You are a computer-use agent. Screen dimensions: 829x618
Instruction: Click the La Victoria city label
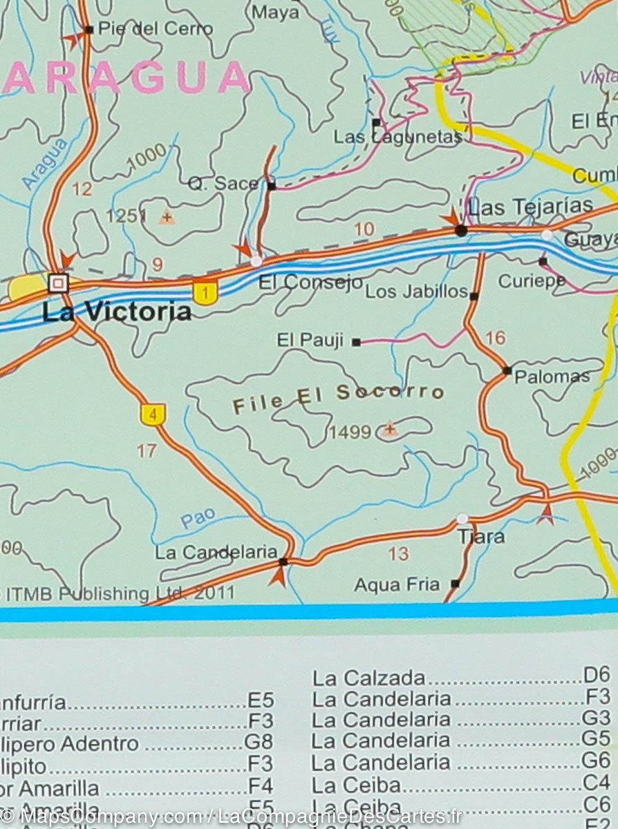coord(116,312)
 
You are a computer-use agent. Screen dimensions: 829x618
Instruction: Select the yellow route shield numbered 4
coord(153,414)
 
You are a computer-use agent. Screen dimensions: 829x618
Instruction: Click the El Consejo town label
coord(310,282)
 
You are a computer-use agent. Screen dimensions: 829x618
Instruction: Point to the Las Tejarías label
coord(530,206)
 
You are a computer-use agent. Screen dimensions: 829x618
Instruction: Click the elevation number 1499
coord(350,432)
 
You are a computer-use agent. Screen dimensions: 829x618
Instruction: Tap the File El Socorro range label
coord(338,399)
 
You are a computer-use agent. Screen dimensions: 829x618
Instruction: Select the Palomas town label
coord(552,377)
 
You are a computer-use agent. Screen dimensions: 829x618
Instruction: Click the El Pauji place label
coord(310,340)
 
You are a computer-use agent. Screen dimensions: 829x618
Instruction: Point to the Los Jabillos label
coord(416,292)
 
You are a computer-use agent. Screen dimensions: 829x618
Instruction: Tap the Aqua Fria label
coord(397,585)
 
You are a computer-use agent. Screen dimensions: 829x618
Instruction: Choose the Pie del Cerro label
coord(156,29)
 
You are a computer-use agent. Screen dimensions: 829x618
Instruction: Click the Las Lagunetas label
coord(397,137)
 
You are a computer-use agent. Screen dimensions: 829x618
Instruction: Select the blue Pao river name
coord(198,519)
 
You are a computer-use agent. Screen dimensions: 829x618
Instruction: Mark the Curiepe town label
coord(532,281)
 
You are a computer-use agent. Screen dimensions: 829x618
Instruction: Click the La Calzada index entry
coord(368,678)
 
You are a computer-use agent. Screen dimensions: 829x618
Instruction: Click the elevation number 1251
coord(126,217)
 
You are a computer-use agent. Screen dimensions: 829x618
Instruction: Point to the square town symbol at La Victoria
coord(59,283)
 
